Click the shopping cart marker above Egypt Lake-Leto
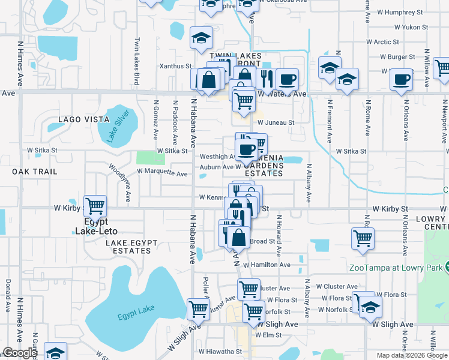tap(95, 206)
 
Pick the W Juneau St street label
tap(276, 122)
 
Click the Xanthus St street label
tap(175, 66)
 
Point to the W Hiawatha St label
tap(221, 352)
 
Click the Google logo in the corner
tap(20, 353)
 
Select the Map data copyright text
tap(412, 355)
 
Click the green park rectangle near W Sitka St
tap(149, 157)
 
